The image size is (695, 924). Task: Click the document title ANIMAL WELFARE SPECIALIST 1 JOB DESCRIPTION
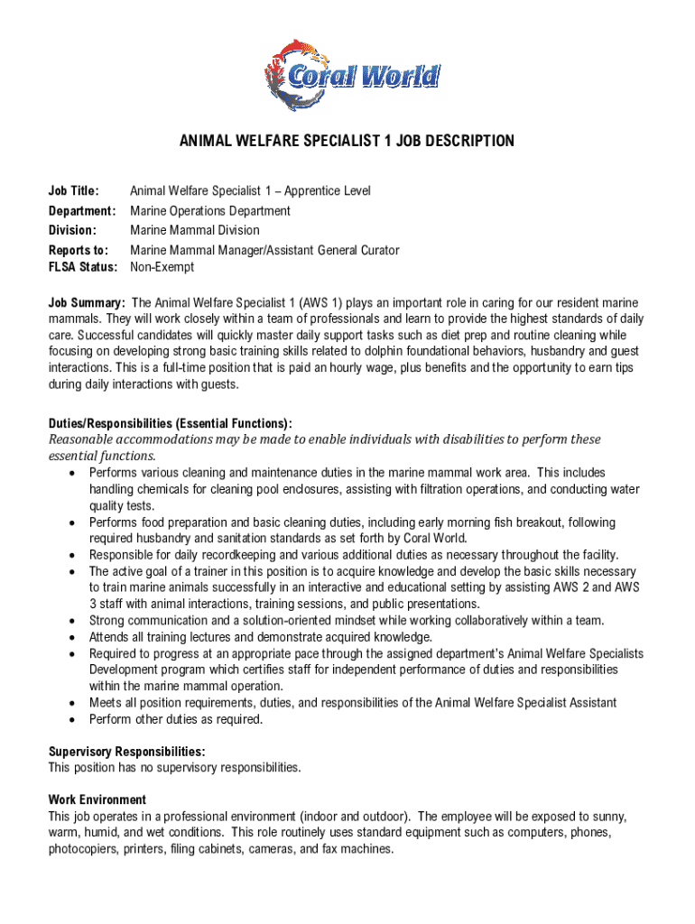pyautogui.click(x=347, y=141)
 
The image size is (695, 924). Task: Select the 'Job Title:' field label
pyautogui.click(x=73, y=191)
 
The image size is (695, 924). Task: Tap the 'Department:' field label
pyautogui.click(x=82, y=211)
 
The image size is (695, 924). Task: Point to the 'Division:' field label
pyautogui.click(x=72, y=230)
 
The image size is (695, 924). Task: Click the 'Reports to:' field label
pyautogui.click(x=79, y=250)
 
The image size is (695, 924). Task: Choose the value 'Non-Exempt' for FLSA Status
pyautogui.click(x=162, y=267)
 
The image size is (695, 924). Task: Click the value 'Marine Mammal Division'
pyautogui.click(x=194, y=230)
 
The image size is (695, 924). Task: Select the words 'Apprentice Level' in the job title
pyautogui.click(x=328, y=191)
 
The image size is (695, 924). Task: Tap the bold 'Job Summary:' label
pyautogui.click(x=87, y=302)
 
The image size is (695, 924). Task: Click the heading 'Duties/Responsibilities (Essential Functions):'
pyautogui.click(x=170, y=423)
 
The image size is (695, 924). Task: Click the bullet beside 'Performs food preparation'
pyautogui.click(x=70, y=523)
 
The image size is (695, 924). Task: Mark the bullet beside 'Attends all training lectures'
pyautogui.click(x=70, y=638)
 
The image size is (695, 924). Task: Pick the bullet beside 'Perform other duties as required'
pyautogui.click(x=70, y=720)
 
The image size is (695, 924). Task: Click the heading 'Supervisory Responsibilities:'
pyautogui.click(x=126, y=752)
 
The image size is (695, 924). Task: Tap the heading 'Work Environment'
pyautogui.click(x=97, y=799)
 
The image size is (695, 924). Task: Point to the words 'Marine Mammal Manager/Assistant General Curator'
pyautogui.click(x=264, y=250)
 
